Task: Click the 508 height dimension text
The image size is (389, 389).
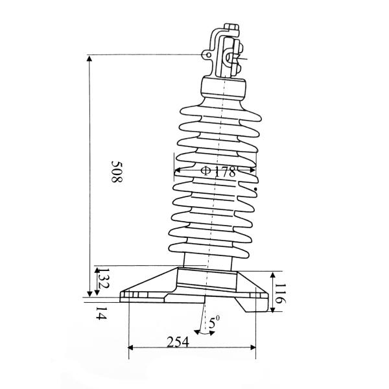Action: click(116, 171)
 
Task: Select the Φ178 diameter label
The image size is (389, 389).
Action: click(217, 172)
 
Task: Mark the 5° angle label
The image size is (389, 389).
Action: click(215, 321)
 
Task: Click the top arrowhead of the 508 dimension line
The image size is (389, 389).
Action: click(89, 58)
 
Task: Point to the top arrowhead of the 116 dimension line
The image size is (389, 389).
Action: click(274, 273)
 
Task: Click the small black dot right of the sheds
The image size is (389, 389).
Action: click(256, 189)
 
